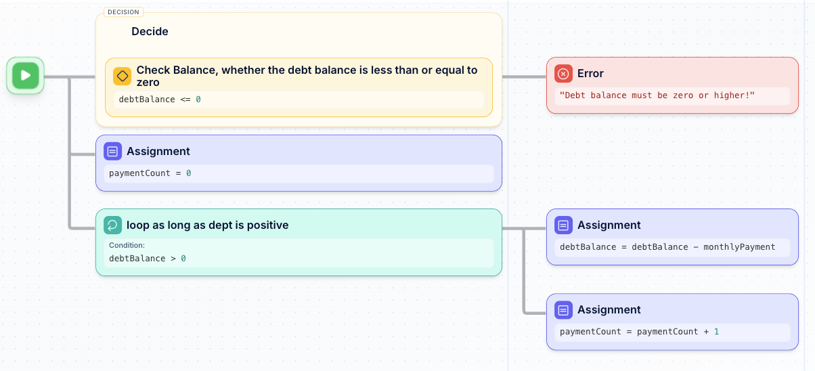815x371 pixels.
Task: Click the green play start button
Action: (x=26, y=75)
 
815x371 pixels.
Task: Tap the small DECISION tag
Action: (x=123, y=12)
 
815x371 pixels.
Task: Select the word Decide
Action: (x=150, y=31)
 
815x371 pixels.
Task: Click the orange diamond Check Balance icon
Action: (x=123, y=76)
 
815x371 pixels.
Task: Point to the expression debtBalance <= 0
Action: (x=160, y=100)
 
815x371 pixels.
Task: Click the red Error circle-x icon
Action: (x=563, y=73)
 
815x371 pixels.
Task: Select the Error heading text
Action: (x=590, y=73)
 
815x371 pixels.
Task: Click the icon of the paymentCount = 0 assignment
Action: (x=113, y=151)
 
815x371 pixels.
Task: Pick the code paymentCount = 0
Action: (x=150, y=173)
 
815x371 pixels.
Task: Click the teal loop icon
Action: (x=113, y=225)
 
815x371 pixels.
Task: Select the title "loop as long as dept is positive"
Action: (x=207, y=225)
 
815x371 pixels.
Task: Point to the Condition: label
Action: (x=127, y=245)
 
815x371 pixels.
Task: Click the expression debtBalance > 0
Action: (x=148, y=259)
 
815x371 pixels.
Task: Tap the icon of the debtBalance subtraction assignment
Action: (x=563, y=225)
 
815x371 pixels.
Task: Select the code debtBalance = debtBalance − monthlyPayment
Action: (x=667, y=247)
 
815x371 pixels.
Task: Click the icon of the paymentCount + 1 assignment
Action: (x=563, y=309)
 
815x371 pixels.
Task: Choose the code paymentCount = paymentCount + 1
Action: (x=639, y=332)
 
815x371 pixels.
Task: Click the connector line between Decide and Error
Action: (x=524, y=77)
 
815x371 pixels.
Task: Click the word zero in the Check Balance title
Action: (x=148, y=83)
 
